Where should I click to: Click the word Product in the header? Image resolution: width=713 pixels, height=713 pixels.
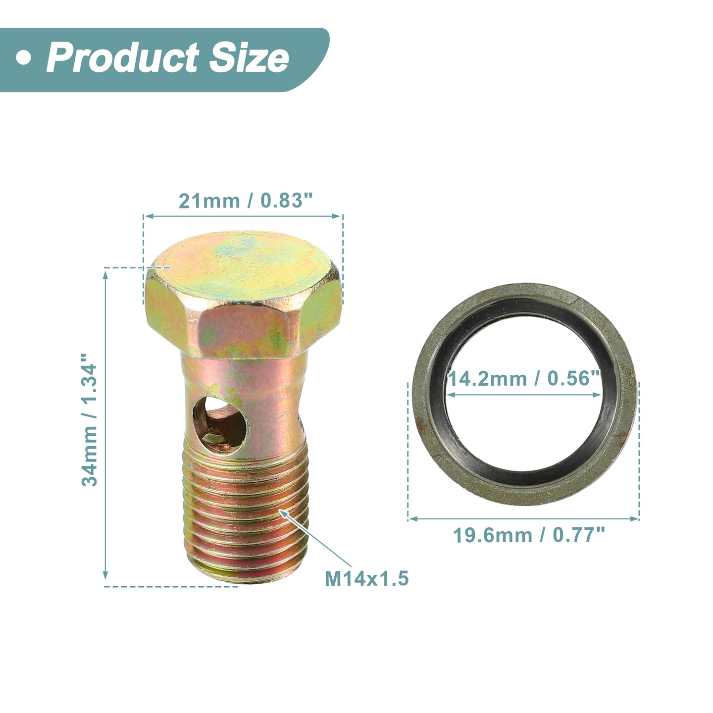tap(123, 58)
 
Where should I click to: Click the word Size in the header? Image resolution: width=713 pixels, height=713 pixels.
tap(249, 58)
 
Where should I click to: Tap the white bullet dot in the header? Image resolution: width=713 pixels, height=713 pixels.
tap(24, 58)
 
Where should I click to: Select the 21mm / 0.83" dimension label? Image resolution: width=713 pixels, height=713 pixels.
tap(246, 201)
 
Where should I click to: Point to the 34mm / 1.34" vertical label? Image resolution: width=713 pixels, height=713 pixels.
tap(89, 419)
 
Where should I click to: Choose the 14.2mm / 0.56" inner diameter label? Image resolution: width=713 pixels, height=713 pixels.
tap(524, 378)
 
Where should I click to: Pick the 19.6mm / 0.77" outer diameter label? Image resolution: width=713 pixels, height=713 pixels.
tap(529, 535)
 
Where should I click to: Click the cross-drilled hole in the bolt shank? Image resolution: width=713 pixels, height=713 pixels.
tap(220, 425)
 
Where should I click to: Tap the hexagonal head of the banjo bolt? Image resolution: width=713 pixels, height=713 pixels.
tap(243, 294)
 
